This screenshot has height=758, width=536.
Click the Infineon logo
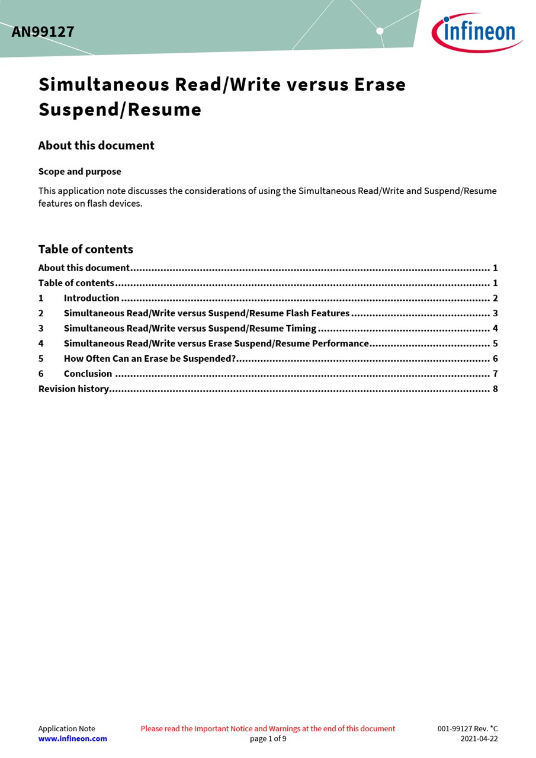tap(477, 32)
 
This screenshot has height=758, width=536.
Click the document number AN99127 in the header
tap(43, 32)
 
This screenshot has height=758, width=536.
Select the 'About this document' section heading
tap(96, 146)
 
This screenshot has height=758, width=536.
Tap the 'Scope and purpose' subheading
tap(79, 172)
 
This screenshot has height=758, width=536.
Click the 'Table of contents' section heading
tap(85, 249)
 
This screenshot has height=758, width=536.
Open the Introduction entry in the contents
tap(91, 298)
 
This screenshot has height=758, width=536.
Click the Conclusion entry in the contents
tap(88, 374)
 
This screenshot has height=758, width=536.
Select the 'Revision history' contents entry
tap(73, 389)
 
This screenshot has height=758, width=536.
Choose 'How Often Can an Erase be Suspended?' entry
tap(150, 359)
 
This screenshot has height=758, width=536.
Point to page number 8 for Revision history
tap(495, 389)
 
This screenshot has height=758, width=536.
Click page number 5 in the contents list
tap(495, 343)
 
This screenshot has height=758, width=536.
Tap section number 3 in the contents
tap(41, 329)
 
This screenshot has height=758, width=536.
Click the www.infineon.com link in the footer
tap(73, 739)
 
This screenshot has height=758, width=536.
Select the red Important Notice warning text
tap(268, 729)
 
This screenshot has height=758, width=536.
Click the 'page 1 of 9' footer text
tap(268, 739)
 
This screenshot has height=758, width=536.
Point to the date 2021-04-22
tap(479, 739)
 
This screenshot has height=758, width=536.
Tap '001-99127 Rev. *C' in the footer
tap(467, 729)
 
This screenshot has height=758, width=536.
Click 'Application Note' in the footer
tap(66, 729)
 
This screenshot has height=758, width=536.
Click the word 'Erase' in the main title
tap(380, 85)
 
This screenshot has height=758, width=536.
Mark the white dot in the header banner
tap(380, 31)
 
